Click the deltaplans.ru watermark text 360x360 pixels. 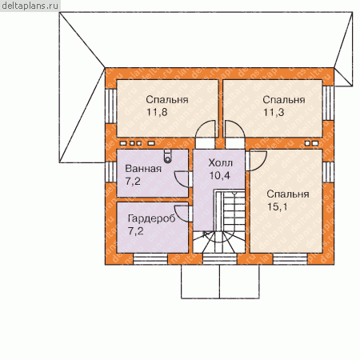point(30,6)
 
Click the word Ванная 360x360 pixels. point(143,169)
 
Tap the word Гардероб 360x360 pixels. point(151,218)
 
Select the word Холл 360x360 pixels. point(220,162)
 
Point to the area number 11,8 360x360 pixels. point(157,112)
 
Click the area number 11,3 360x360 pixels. point(274,112)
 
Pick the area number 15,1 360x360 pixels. point(278,206)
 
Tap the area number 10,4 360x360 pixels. point(219,175)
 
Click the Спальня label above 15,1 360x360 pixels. point(288,194)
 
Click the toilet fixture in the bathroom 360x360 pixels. point(167,156)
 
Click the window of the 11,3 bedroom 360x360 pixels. point(328,103)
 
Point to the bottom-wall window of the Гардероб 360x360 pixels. point(150,259)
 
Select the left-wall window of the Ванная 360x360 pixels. point(110,172)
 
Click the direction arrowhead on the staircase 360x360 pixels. point(205,234)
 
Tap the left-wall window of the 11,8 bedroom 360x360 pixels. point(110,106)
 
